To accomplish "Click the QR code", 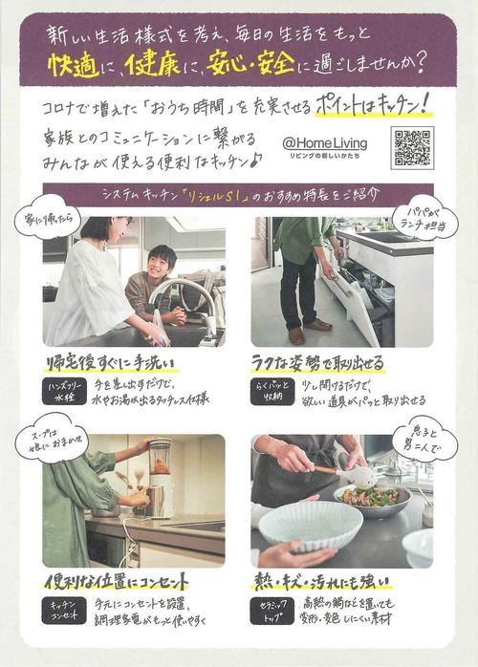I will coord(411,147).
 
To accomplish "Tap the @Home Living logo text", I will coord(325,143).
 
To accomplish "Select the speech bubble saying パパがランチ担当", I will coord(424,216).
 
